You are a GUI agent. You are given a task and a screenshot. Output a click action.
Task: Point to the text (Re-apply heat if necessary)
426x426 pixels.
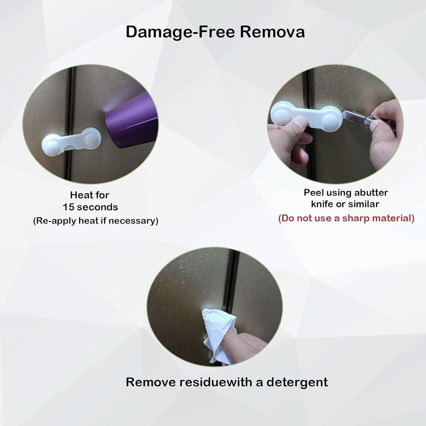coord(96,221)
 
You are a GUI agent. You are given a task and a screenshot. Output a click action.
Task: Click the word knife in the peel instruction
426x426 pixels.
coord(322,204)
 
